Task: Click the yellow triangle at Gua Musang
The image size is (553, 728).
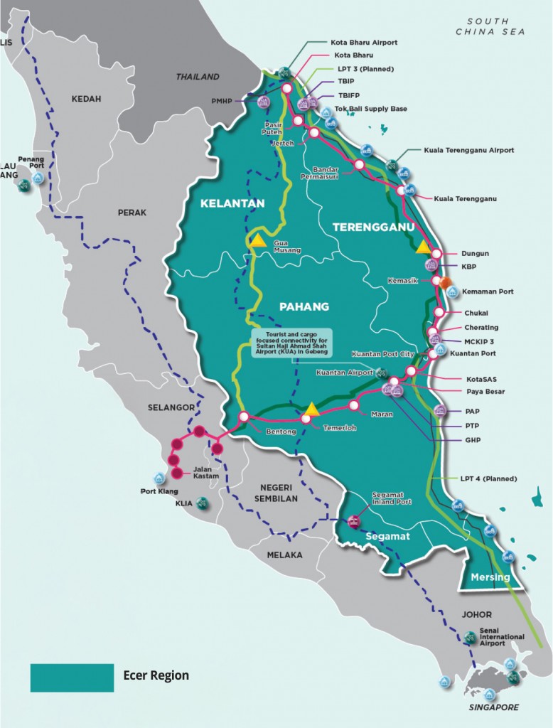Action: pos(257,240)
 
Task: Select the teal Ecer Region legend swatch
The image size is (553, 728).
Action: pos(72,677)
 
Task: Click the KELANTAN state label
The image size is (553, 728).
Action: pos(232,203)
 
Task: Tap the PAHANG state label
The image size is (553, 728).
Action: pos(304,306)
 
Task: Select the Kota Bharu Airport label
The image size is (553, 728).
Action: pos(364,42)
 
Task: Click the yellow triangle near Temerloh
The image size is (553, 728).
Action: pos(310,408)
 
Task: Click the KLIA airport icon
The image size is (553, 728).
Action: pos(203,503)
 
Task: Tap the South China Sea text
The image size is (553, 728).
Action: pos(490,27)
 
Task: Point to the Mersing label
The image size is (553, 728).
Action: pos(490,577)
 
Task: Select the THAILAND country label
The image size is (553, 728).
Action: pos(198,77)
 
